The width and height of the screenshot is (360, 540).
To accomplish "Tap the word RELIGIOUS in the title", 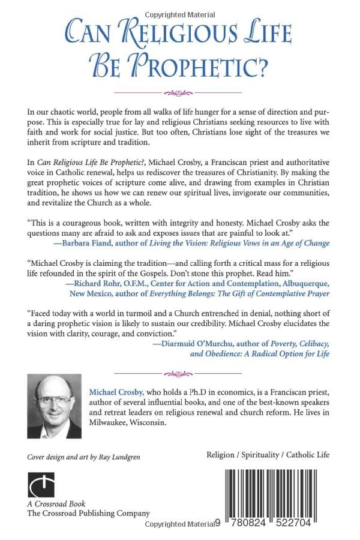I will coord(160,30).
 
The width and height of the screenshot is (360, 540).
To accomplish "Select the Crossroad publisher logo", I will coord(41,485).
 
